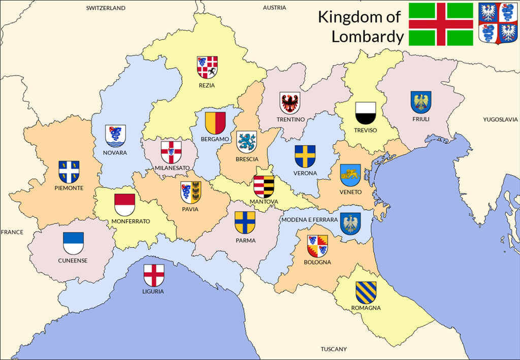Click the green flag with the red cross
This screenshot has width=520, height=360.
(441, 24)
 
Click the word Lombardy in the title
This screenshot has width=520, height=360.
(368, 37)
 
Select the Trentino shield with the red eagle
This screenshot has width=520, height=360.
(290, 103)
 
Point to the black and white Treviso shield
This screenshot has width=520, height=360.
(365, 113)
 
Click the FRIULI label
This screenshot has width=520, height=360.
(421, 119)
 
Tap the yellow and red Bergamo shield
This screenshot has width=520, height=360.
(215, 123)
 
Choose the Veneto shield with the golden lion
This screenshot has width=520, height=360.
(350, 175)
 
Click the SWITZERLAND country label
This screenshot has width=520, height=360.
(106, 8)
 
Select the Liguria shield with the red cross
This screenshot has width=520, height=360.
(153, 275)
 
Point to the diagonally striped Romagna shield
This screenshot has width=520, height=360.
(366, 292)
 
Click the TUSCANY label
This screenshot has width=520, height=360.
(334, 349)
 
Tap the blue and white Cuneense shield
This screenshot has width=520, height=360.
(73, 243)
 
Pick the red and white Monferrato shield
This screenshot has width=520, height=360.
(124, 205)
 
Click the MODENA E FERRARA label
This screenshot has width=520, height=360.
(309, 219)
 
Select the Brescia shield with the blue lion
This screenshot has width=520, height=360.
(247, 142)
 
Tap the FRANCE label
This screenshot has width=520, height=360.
(12, 232)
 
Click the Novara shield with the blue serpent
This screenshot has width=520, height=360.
(115, 136)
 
